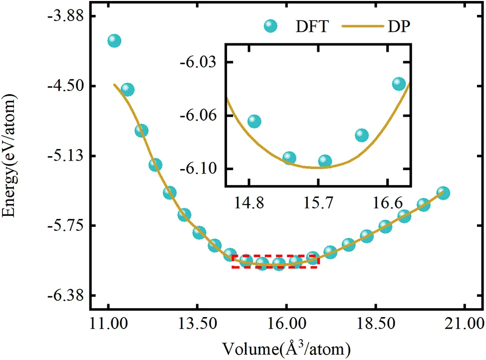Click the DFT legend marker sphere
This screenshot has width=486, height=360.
(271, 26)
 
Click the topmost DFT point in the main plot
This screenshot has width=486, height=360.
(114, 41)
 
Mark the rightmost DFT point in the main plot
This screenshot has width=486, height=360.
(443, 193)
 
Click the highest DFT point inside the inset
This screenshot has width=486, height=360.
(399, 83)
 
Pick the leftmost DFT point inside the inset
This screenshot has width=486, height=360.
(254, 121)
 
